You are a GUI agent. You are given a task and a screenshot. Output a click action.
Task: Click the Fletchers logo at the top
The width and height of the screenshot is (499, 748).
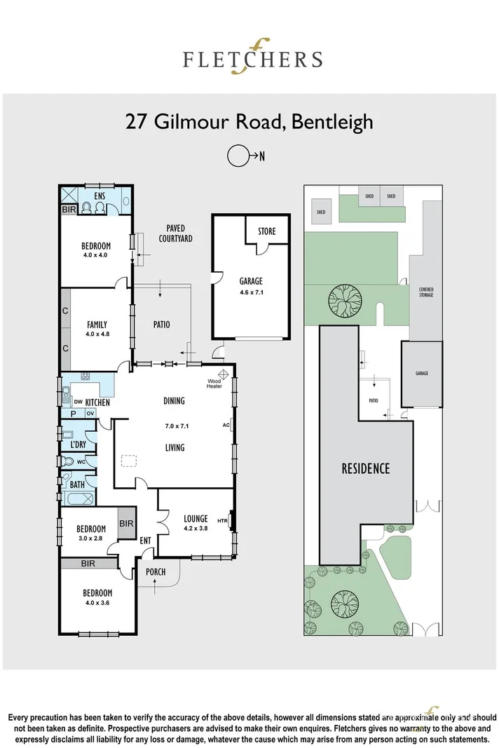[252, 57]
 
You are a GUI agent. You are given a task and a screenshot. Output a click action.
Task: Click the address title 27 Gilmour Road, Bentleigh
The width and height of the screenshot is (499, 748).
[249, 121]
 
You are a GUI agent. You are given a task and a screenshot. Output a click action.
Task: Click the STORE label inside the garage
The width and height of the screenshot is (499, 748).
[266, 231]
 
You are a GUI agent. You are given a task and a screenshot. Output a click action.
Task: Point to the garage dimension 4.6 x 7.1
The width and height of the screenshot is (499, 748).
[250, 293]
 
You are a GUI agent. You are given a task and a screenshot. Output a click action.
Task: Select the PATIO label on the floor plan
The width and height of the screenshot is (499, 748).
[161, 325]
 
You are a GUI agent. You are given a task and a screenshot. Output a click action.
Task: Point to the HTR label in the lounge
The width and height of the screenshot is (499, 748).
[223, 520]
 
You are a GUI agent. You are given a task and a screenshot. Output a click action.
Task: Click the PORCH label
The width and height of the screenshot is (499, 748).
[156, 572]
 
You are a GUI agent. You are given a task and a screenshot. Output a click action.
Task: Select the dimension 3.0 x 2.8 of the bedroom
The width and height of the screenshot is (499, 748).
[91, 538]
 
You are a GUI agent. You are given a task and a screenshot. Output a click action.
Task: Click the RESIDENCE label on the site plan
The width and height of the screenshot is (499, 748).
[365, 468]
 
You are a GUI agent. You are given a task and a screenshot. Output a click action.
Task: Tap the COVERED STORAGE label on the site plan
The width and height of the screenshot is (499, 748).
[426, 292]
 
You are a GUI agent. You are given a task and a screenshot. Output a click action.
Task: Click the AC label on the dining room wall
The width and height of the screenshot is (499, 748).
[226, 425]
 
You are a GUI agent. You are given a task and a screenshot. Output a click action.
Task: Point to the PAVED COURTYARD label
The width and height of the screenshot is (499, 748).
[175, 233]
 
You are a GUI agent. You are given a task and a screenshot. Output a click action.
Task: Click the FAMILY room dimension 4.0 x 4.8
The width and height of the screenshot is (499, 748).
[97, 334]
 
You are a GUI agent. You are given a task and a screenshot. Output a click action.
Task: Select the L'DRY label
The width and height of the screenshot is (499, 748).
[78, 445]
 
